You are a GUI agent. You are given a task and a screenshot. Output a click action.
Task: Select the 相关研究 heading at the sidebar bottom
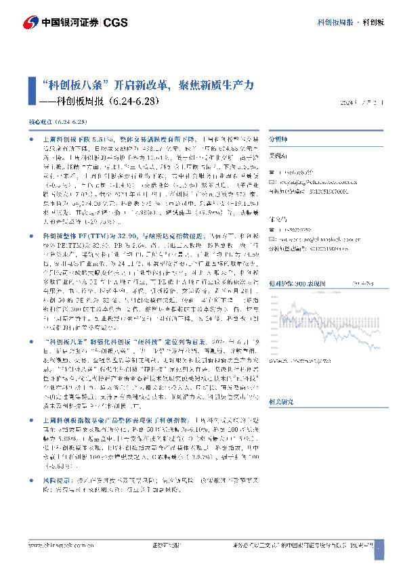pyautogui.click(x=280, y=401)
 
